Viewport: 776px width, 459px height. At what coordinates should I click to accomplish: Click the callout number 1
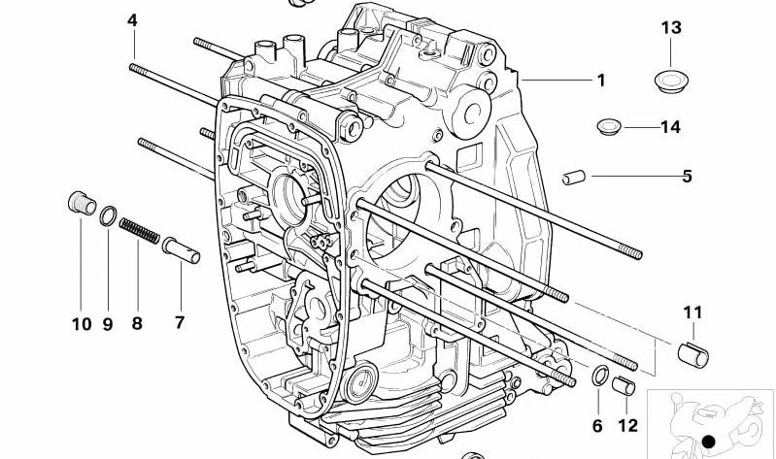tap(601, 81)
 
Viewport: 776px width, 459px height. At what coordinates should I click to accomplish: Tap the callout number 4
tap(132, 20)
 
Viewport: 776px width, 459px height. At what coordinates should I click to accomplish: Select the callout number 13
tap(672, 27)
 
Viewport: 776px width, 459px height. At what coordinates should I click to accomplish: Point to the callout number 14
tap(670, 127)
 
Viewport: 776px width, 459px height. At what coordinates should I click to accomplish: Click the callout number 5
tap(687, 176)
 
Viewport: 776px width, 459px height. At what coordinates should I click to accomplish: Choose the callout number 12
tap(628, 425)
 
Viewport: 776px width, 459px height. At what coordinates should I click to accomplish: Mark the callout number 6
tap(597, 425)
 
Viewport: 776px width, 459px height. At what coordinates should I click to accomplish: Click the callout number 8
tap(137, 323)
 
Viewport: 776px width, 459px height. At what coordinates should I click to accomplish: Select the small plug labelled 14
tap(608, 126)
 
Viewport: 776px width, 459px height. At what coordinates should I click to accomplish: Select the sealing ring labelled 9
tap(110, 214)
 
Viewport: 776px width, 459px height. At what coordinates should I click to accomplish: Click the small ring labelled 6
tap(601, 377)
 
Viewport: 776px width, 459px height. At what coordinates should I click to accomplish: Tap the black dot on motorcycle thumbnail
tap(709, 442)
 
